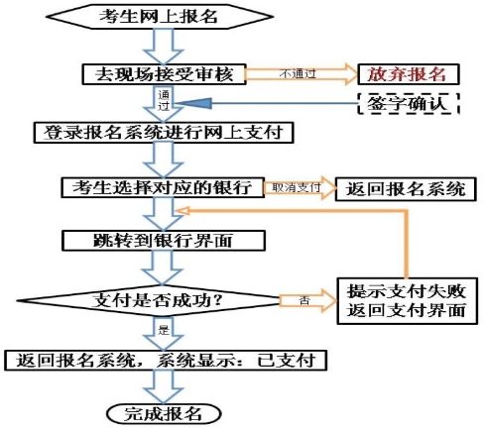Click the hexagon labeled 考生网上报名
click(160, 17)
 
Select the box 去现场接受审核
click(164, 74)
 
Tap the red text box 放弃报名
click(409, 74)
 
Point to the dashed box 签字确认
click(409, 104)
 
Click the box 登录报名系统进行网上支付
click(164, 133)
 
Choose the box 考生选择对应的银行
click(163, 187)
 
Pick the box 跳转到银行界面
click(164, 241)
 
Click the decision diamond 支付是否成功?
click(149, 300)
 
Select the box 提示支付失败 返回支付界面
click(407, 301)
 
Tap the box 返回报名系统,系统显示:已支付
click(166, 361)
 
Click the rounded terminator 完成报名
click(164, 413)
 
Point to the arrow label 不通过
click(298, 73)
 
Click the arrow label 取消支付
click(297, 187)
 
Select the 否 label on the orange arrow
click(304, 301)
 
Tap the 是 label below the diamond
click(164, 329)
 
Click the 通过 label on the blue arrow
click(164, 100)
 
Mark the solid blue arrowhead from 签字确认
click(194, 104)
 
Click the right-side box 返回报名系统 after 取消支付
click(406, 189)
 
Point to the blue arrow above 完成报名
click(164, 387)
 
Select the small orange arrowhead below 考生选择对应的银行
click(182, 211)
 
